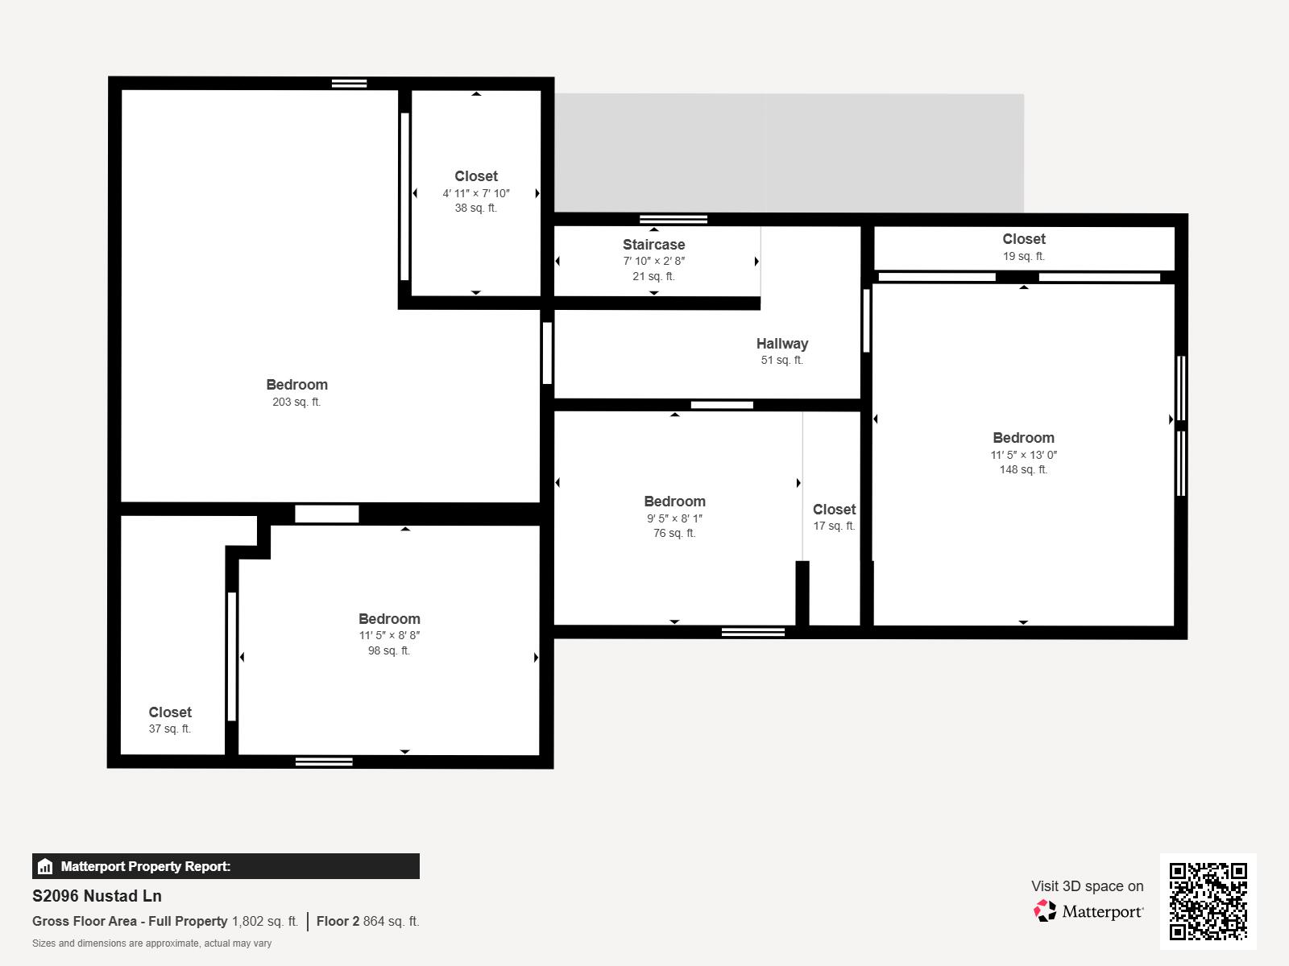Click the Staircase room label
point(653,245)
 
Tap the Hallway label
point(782,344)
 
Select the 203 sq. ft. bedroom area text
point(296,402)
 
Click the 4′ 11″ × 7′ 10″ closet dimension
point(476,193)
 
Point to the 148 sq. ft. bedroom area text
point(1024,469)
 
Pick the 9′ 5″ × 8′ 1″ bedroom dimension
point(675,518)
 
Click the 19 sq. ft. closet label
point(1024,256)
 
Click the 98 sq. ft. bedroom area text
point(389,650)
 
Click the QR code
point(1208,902)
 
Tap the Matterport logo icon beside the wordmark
point(1045,911)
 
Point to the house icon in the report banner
point(45,866)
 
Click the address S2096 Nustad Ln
point(97,896)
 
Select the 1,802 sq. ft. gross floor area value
point(265,921)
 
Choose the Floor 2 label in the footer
point(338,921)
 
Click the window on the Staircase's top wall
point(674,219)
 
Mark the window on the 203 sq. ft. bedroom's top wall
point(350,83)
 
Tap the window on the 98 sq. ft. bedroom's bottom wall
point(324,762)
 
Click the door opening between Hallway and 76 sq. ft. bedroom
point(722,405)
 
